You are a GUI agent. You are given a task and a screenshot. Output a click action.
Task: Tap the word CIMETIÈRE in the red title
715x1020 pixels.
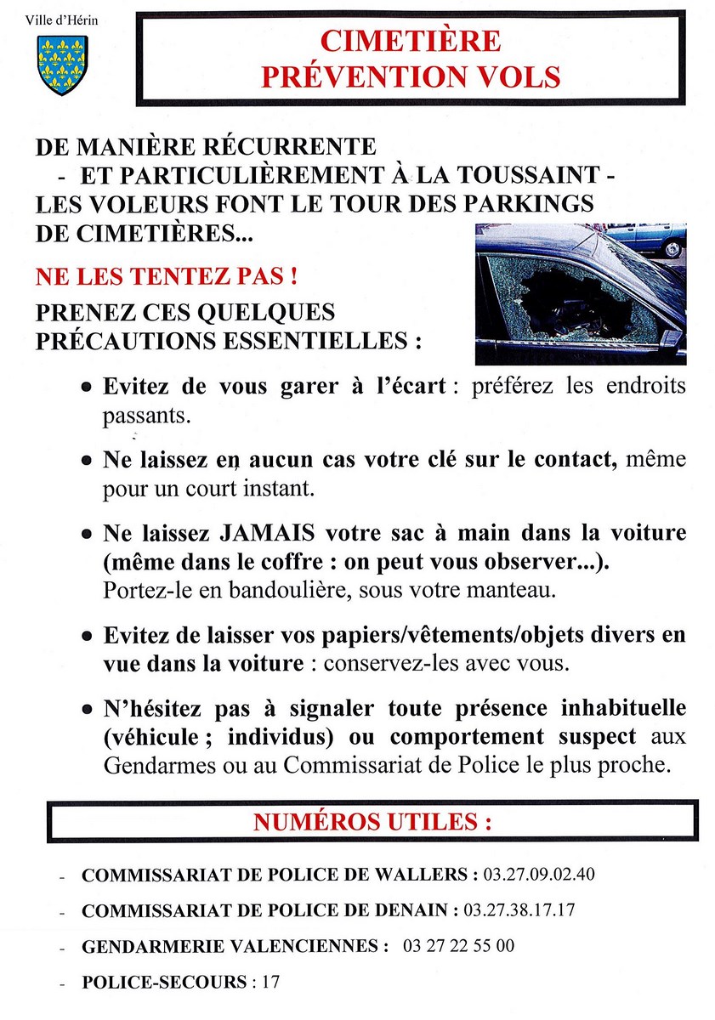[411, 41]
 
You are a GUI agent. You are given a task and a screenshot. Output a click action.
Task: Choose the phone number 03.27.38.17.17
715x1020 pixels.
[519, 909]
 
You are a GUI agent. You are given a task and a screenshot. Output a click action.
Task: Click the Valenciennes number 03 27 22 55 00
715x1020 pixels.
[458, 945]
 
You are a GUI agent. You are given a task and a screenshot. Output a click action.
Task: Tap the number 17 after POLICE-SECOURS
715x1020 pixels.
[270, 982]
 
